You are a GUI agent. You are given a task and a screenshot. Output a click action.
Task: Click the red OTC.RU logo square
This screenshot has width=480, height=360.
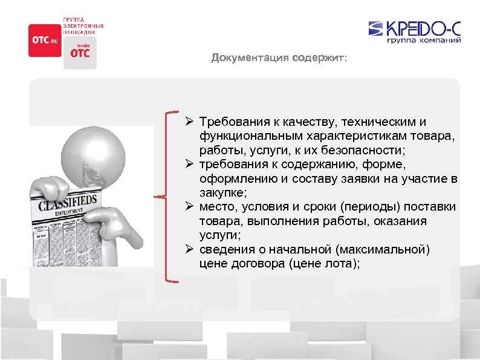pos(45,40)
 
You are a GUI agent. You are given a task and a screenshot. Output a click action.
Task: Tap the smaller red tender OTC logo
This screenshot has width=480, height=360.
pos(79,52)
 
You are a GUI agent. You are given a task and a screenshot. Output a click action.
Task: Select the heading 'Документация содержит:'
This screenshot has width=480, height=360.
pos(279,59)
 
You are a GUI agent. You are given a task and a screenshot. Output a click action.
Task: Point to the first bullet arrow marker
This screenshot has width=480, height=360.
pos(190,122)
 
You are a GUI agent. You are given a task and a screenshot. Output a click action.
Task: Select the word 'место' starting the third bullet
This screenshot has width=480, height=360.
pos(216,208)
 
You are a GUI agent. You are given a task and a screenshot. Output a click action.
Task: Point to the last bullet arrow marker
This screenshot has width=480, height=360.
pos(190,250)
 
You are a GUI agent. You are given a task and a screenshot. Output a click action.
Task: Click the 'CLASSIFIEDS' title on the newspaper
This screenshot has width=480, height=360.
pos(68,204)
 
